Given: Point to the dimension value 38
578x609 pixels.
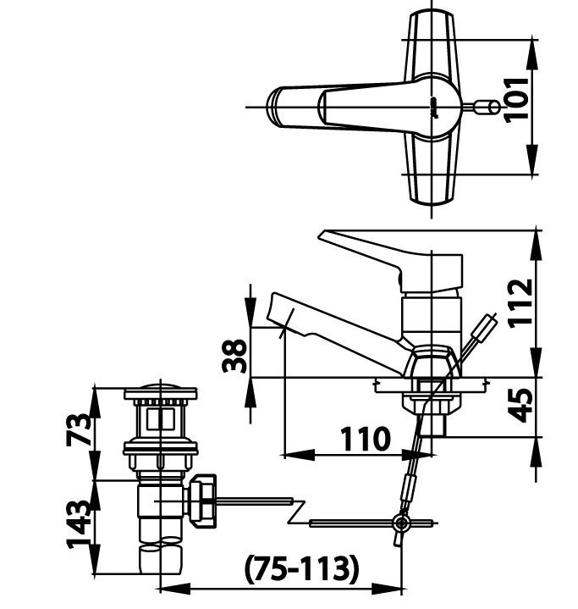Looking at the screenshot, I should tap(236, 355).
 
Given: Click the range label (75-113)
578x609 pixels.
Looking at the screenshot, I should tap(301, 567).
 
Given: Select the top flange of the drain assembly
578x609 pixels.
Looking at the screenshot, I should tap(160, 393).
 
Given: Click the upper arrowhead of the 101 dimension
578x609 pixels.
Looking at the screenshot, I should tap(532, 47).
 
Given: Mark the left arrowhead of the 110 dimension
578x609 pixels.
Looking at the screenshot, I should tap(288, 456).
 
